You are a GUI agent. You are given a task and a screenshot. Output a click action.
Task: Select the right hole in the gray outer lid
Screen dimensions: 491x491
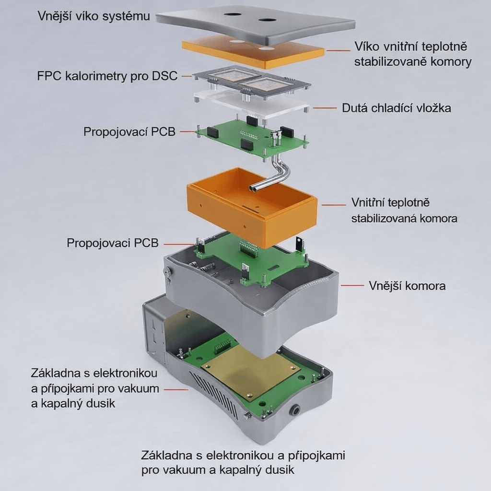267,20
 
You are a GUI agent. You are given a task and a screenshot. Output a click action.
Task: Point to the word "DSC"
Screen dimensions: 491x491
165,76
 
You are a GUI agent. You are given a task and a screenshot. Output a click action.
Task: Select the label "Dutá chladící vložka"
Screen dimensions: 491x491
397,108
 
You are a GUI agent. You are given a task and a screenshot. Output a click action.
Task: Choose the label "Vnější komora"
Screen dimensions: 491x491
407,286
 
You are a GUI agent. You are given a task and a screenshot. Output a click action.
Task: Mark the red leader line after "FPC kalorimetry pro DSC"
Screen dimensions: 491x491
187,76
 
